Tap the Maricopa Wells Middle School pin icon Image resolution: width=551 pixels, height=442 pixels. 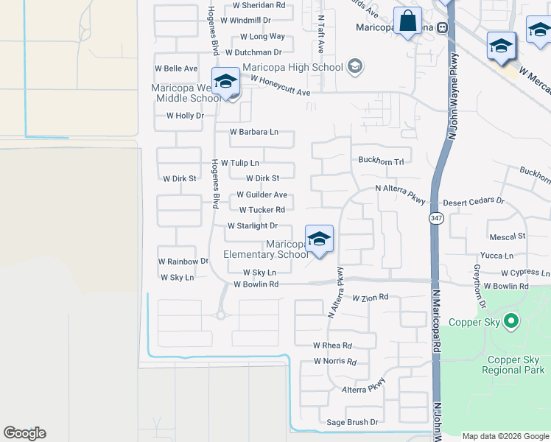click(225, 82)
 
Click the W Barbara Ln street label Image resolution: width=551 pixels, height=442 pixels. click(253, 132)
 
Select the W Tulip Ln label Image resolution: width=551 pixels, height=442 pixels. click(239, 163)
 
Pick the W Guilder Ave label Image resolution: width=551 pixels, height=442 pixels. click(262, 195)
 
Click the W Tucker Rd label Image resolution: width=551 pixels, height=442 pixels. click(256, 210)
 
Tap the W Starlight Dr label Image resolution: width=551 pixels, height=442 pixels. click(253, 226)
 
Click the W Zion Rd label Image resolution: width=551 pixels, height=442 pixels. click(370, 298)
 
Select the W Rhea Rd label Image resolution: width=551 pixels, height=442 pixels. click(332, 345)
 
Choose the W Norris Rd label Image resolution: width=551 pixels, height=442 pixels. click(334, 362)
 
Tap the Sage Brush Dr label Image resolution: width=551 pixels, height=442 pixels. click(352, 422)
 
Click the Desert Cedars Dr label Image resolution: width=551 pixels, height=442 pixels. click(473, 200)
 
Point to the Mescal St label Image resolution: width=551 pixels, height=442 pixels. click(507, 236)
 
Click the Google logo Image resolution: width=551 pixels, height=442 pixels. click(24, 433)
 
